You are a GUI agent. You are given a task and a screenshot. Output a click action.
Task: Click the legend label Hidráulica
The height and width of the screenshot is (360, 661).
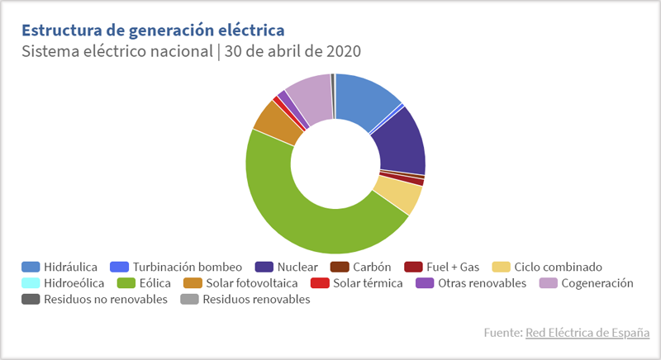pyautogui.click(x=71, y=267)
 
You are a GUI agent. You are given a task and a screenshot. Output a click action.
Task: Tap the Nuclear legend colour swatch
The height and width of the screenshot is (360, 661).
pyautogui.click(x=265, y=267)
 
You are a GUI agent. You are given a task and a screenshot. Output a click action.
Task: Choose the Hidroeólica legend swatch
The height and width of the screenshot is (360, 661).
pyautogui.click(x=31, y=283)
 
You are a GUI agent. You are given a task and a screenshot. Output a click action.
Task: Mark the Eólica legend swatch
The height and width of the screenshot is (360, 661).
pyautogui.click(x=128, y=283)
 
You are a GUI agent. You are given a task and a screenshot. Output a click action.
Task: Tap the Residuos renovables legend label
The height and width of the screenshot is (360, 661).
pyautogui.click(x=256, y=300)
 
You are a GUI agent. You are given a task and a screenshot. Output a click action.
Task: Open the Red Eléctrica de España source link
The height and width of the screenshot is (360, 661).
pyautogui.click(x=587, y=333)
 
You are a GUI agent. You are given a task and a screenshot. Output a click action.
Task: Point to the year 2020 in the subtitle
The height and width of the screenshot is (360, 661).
pyautogui.click(x=343, y=51)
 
